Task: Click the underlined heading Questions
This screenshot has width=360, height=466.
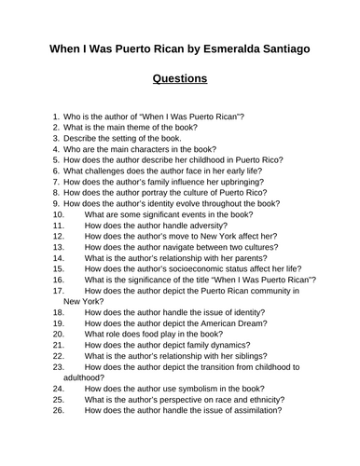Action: pyautogui.click(x=180, y=79)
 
